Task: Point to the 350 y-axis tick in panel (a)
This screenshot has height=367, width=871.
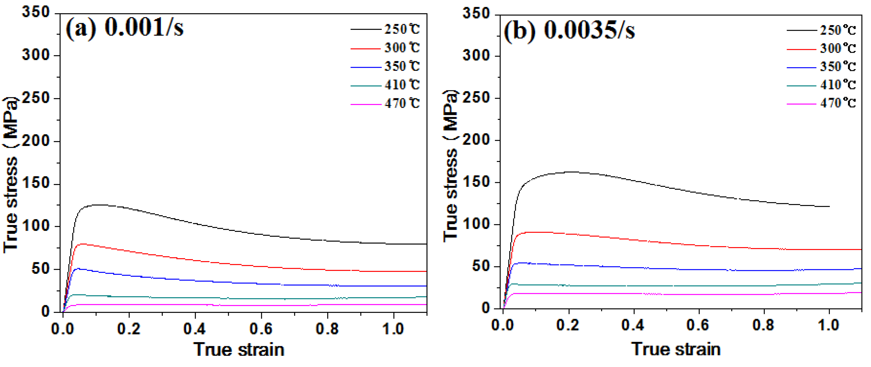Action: pos(36,13)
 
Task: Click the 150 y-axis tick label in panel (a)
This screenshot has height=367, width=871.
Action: pos(36,184)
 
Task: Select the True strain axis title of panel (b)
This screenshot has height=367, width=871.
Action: pos(676,349)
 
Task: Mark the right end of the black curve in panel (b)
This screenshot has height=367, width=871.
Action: pos(829,206)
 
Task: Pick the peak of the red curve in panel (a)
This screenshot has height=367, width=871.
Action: pos(81,244)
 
